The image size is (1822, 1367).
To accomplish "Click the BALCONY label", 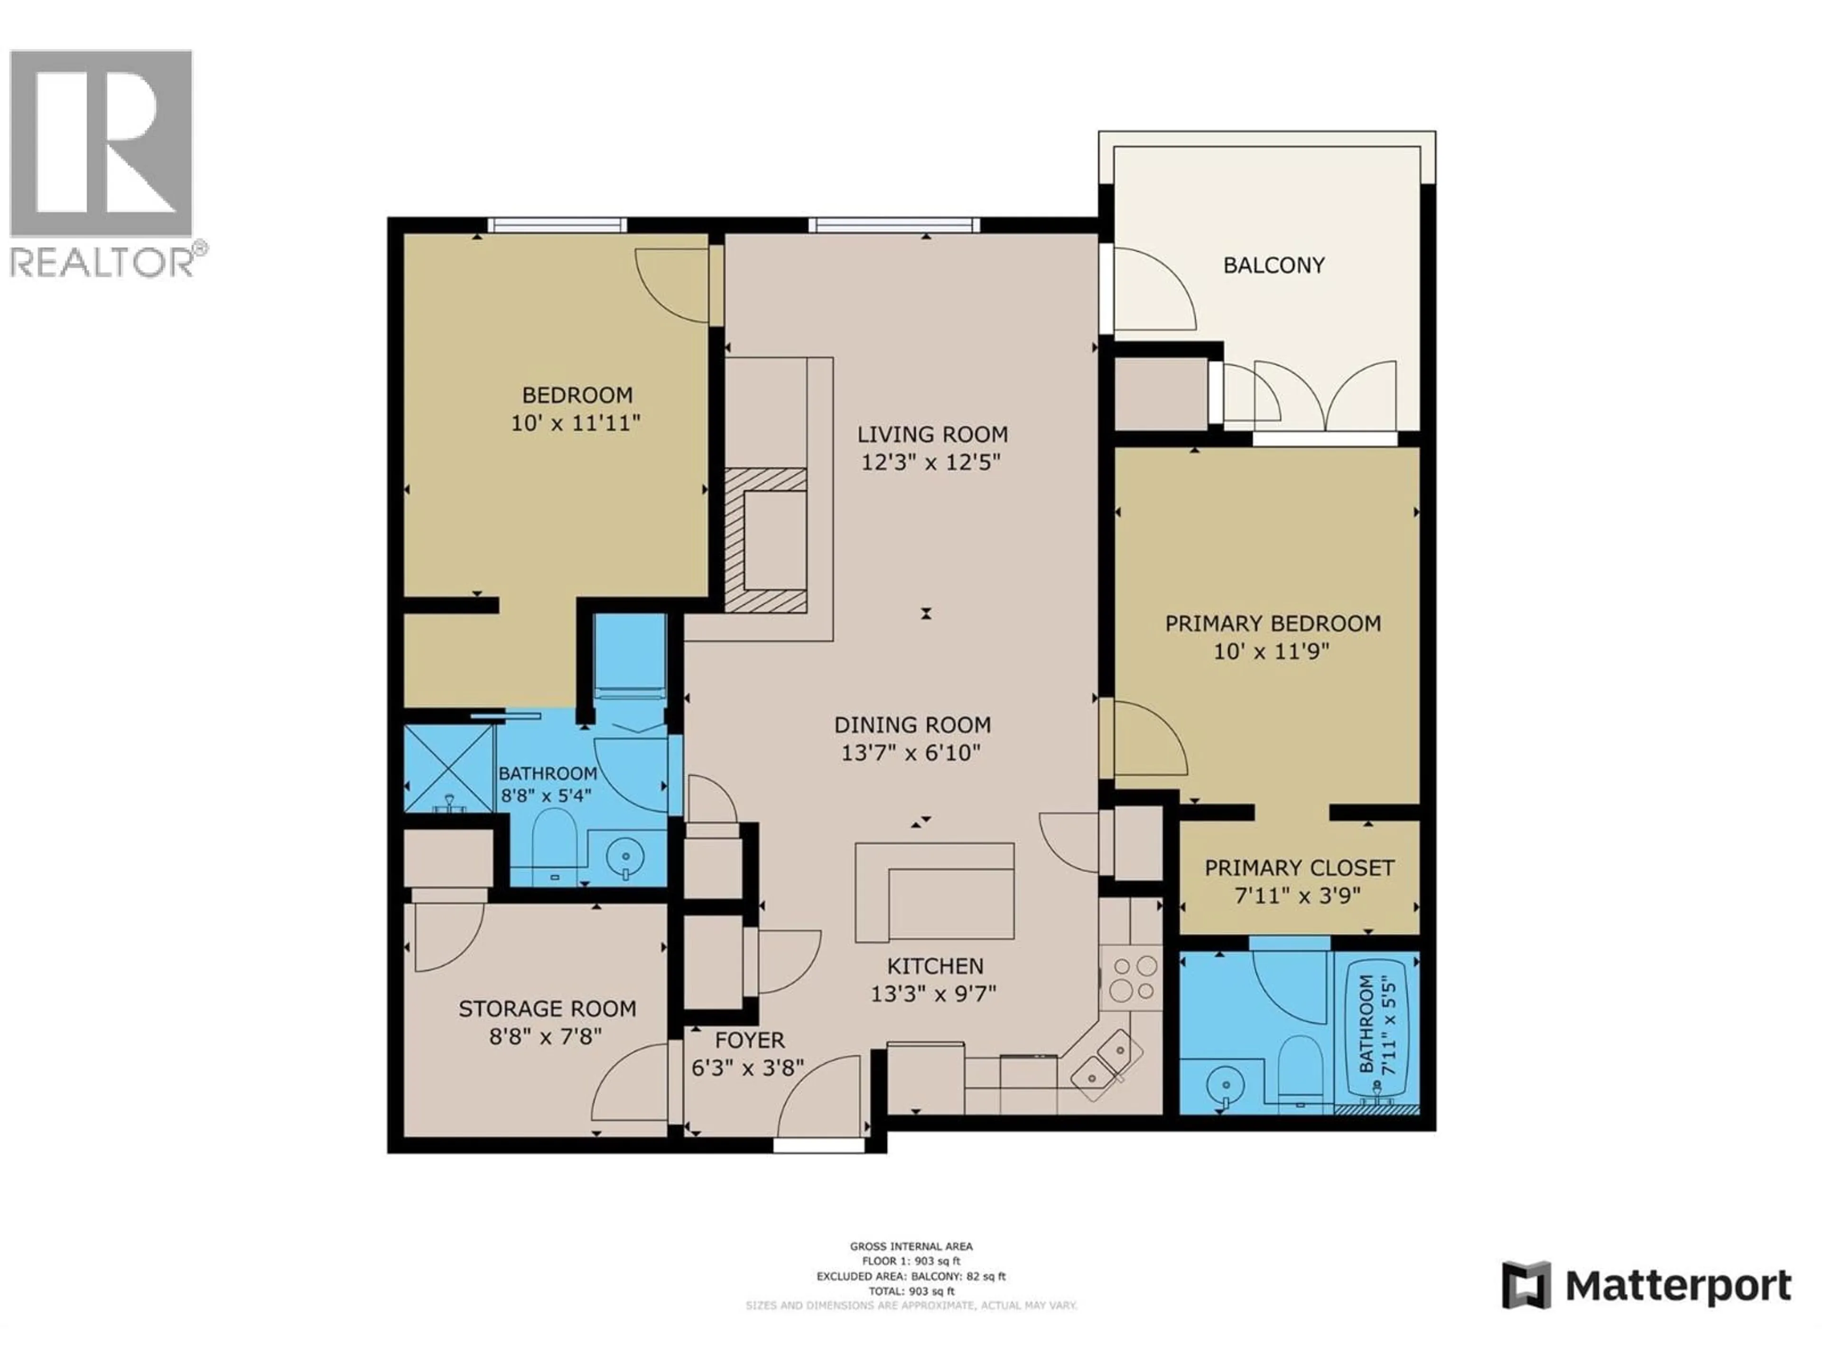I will pos(1274,265).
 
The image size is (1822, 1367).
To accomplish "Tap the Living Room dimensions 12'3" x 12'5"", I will pos(931,462).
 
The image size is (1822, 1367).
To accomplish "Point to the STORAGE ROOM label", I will pos(547,1009).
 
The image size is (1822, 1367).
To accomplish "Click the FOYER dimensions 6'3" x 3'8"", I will pos(747,1068).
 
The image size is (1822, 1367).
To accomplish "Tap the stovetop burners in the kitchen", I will pos(1131,978).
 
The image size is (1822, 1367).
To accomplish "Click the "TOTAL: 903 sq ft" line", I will pos(911,1291).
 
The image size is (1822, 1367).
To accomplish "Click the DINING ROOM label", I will pos(912,725).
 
